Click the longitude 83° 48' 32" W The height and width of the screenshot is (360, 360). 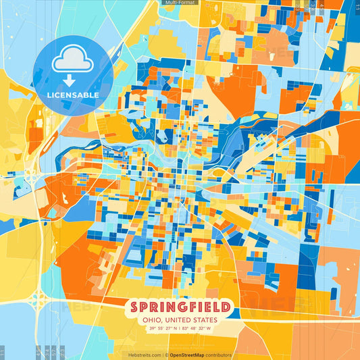197,329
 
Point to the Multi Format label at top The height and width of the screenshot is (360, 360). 179,3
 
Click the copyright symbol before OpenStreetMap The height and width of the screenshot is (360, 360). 167,355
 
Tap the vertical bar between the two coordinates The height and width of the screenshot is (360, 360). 179,329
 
